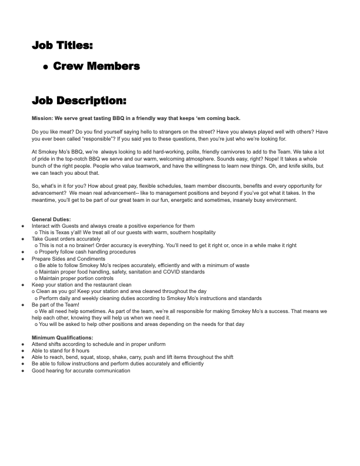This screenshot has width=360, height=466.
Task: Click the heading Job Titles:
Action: point(62,45)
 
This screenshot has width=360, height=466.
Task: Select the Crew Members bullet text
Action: point(96,66)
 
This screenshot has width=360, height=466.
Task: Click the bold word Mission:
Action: point(42,118)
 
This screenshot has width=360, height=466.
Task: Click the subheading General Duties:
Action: point(51,219)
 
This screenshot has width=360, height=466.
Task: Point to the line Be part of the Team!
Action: point(55,305)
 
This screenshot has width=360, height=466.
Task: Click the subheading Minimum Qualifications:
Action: point(62,338)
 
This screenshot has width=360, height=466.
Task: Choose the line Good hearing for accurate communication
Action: point(81,371)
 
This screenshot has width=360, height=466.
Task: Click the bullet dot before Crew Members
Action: point(45,67)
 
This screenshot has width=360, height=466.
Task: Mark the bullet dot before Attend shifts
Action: point(22,344)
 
